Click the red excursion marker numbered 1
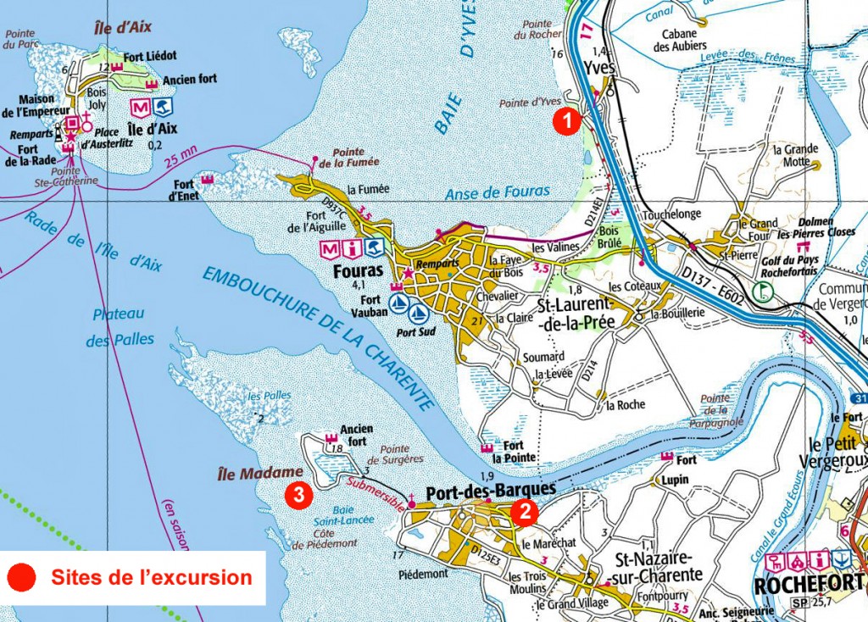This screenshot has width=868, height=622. (x=566, y=121)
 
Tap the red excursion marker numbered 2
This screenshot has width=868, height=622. (x=526, y=510)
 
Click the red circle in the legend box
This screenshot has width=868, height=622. (x=22, y=578)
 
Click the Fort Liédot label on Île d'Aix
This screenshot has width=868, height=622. (x=150, y=55)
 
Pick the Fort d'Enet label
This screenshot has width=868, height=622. (x=184, y=190)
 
